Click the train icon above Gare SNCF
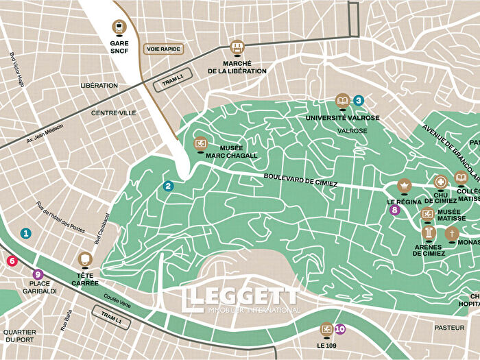(119, 27)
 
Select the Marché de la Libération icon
(237, 47)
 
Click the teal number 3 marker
(359, 100)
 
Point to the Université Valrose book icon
(342, 102)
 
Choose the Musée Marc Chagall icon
(201, 143)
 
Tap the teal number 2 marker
(169, 186)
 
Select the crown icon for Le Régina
(405, 186)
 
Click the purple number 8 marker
(394, 211)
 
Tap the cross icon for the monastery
(452, 234)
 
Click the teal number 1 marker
(26, 233)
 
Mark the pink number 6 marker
(11, 261)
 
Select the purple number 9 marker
(37, 274)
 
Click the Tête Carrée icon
(85, 259)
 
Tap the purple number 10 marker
(340, 329)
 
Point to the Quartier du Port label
(19, 336)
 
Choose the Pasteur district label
(449, 328)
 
